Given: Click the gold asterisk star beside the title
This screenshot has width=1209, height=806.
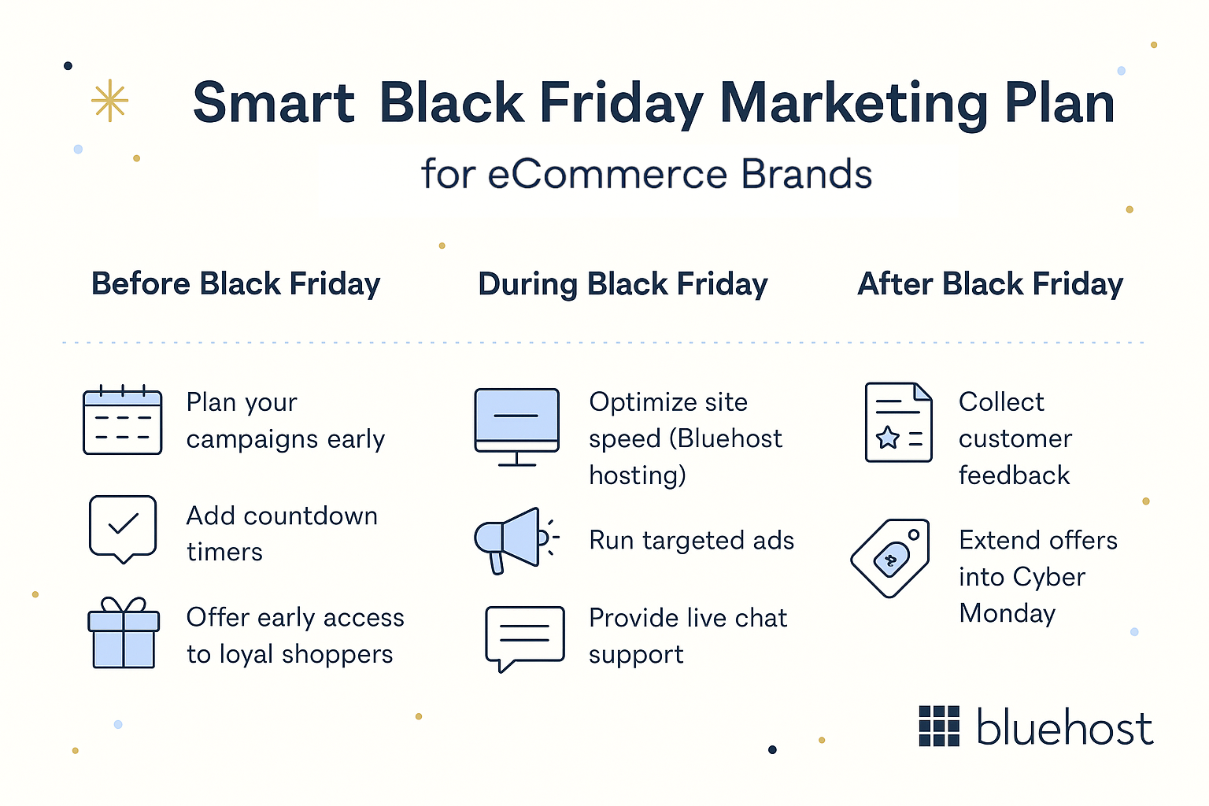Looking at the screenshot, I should click(109, 101).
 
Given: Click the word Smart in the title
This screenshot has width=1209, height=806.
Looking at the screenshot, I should click(273, 103).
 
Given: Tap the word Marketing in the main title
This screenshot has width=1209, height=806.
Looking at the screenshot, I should click(853, 103).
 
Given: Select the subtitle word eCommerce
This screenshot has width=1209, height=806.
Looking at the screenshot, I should click(607, 174).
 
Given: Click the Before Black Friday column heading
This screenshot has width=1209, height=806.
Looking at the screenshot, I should click(235, 283).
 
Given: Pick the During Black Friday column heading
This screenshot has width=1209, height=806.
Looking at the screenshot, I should click(623, 284).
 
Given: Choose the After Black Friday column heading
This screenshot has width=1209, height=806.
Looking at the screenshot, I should click(990, 283).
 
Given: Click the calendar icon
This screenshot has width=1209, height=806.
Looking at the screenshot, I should click(123, 421).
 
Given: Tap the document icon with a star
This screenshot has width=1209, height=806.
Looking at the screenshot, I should click(898, 423).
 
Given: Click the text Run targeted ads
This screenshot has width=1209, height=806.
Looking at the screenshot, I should click(691, 541).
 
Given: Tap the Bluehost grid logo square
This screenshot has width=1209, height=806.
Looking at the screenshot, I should click(939, 726).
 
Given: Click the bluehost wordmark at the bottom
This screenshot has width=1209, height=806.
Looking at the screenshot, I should click(1064, 727).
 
